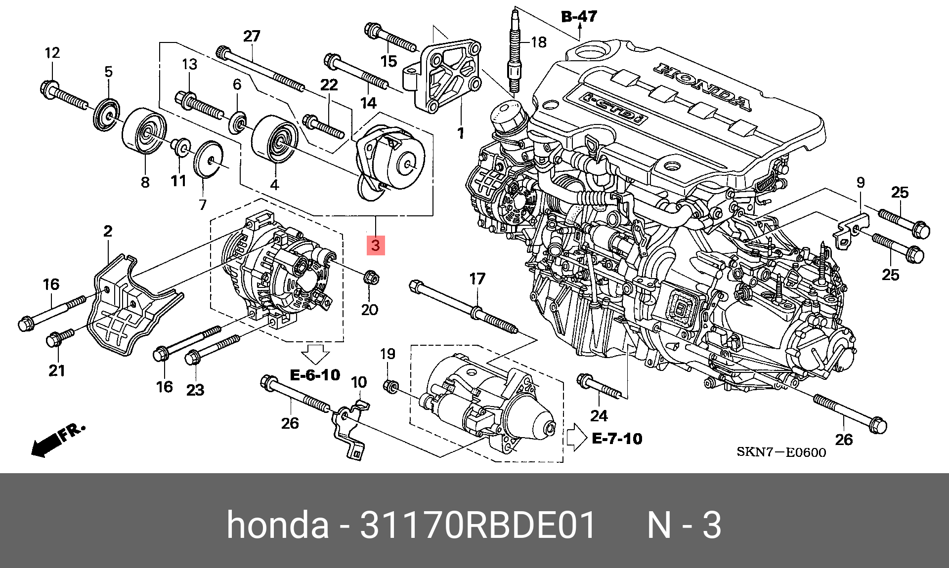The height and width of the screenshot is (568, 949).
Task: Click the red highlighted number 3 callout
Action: point(375,245)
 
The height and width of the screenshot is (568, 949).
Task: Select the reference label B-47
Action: point(579,17)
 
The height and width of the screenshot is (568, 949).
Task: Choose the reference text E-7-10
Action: point(617,439)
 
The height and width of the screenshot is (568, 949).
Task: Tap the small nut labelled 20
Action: point(371,278)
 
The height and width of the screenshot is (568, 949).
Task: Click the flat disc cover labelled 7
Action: point(208,158)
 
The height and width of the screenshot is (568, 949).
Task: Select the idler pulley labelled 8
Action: point(144,131)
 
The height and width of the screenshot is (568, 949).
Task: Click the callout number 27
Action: point(252,36)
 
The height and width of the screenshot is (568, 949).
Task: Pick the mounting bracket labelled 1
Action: point(445,74)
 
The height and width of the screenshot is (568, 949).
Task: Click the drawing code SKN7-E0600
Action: point(781,452)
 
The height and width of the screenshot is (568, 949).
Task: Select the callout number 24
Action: point(599,416)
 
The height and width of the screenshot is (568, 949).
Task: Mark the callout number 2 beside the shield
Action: point(108,231)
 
